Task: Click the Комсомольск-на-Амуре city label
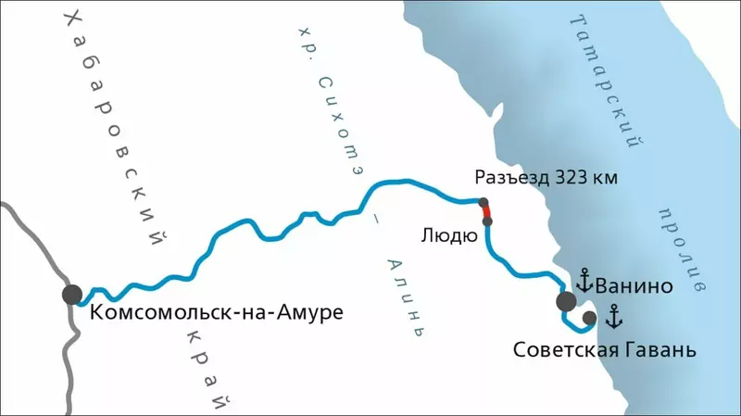point(216,312)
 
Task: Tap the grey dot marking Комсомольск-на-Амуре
point(72,295)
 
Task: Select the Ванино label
point(634,286)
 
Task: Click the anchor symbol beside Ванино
point(584,280)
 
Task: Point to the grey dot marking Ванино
point(566,301)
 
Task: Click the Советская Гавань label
point(604,351)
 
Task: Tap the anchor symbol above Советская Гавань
point(612,318)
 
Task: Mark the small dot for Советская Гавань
point(589,320)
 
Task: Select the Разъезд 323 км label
point(545,177)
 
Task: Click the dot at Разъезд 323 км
point(483,202)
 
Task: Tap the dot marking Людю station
point(488,221)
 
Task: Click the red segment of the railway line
point(485,212)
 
